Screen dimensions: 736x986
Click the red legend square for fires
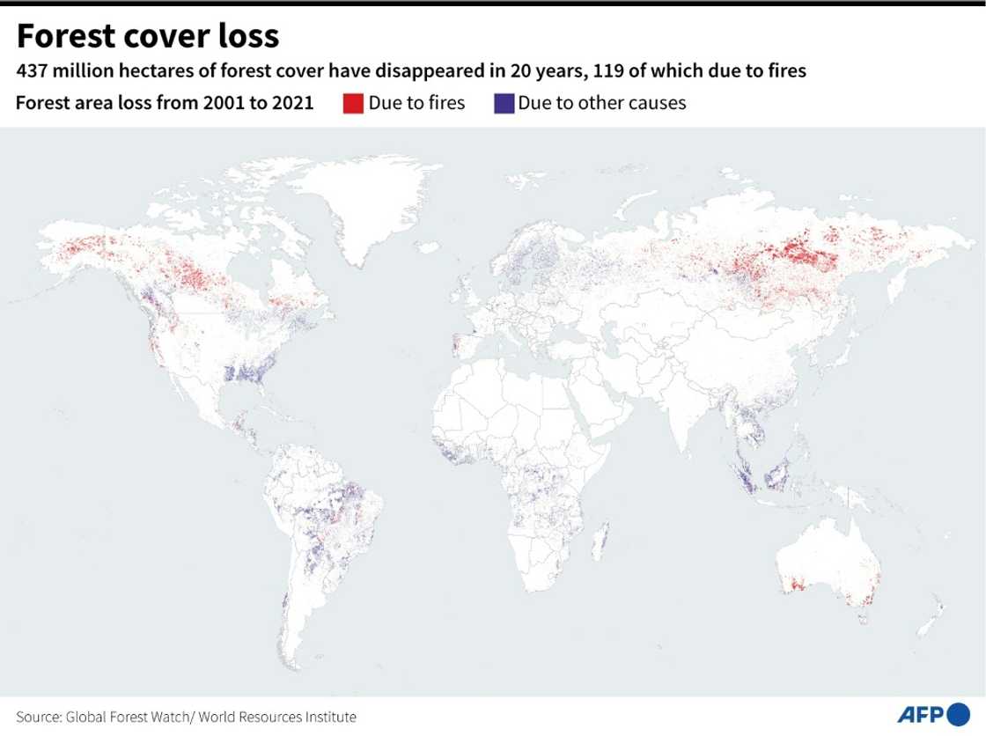click(x=352, y=103)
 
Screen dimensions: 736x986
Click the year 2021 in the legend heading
click(x=295, y=103)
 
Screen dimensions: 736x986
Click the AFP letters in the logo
click(x=920, y=714)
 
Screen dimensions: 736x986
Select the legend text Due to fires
click(x=416, y=103)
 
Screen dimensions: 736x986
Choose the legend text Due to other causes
click(x=602, y=103)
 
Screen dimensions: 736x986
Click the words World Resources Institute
click(x=282, y=717)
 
